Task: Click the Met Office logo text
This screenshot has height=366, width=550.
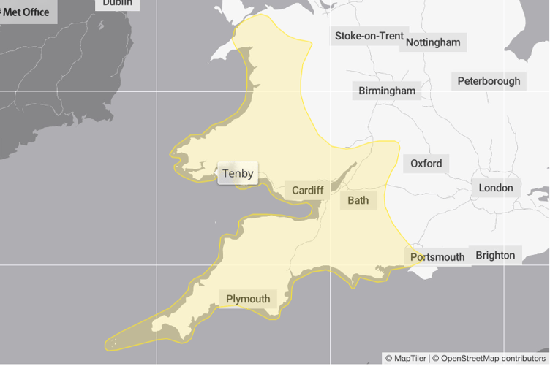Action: click(26, 12)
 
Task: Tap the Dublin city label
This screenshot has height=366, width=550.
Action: click(118, 4)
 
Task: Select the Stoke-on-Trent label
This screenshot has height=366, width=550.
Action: click(369, 36)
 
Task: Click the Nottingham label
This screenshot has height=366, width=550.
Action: click(433, 42)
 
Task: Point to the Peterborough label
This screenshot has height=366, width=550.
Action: click(489, 81)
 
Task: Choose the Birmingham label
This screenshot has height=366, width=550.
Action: click(387, 91)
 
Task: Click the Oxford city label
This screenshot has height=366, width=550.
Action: click(426, 164)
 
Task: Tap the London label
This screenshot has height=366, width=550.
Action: click(496, 188)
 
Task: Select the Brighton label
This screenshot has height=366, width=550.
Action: click(495, 256)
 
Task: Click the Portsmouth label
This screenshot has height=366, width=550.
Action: click(437, 257)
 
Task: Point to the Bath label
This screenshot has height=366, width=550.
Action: click(358, 200)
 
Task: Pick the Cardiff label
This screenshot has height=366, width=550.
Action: click(308, 191)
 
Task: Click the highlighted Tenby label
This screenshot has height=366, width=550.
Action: click(238, 174)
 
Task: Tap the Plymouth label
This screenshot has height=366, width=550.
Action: click(248, 299)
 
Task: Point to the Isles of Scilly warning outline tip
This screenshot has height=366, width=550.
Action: click(111, 342)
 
